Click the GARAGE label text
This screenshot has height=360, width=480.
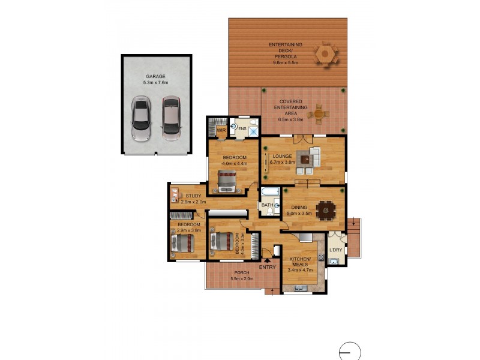click(155, 77)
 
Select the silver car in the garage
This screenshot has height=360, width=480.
click(141, 118)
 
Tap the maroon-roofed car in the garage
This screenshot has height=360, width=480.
click(171, 118)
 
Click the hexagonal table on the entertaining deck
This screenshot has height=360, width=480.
click(325, 55)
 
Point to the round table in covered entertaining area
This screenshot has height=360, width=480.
click(319, 114)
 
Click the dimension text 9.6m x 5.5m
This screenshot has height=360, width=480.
click(286, 63)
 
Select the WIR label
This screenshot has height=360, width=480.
click(221, 130)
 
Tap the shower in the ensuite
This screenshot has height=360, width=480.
click(253, 131)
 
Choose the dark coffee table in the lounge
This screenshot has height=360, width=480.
click(305, 160)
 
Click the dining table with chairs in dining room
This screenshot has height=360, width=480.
click(326, 211)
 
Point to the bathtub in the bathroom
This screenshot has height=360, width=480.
click(270, 192)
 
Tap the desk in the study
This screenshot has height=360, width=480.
click(174, 196)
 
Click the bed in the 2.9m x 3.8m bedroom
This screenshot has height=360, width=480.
click(183, 244)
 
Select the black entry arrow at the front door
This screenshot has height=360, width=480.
click(267, 261)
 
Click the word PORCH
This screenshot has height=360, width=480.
click(242, 273)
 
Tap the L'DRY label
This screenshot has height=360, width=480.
click(336, 250)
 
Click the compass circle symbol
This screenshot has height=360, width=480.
click(350, 352)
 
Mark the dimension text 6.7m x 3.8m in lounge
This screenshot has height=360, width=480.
click(282, 162)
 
